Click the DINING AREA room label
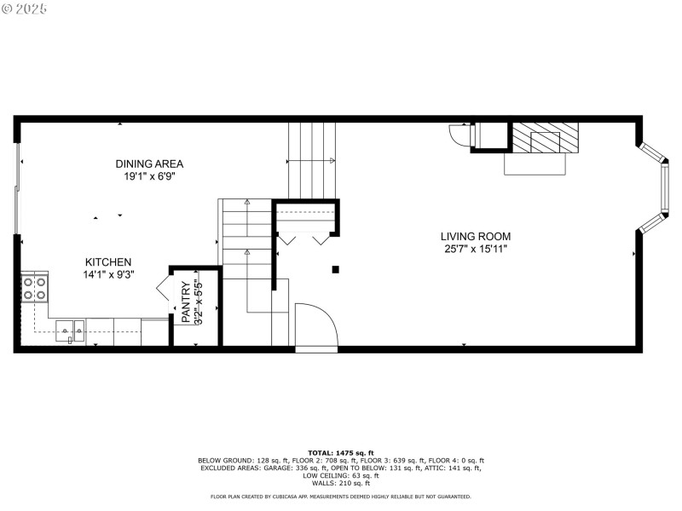click(x=150, y=164)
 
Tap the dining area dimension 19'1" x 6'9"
click(x=150, y=177)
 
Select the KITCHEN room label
click(x=107, y=262)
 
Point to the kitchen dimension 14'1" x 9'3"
click(x=109, y=275)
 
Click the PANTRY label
click(x=185, y=302)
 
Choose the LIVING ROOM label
click(x=476, y=236)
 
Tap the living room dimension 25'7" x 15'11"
click(x=476, y=250)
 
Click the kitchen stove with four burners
click(x=34, y=288)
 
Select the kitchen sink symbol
click(x=70, y=330)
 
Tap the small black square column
click(x=336, y=269)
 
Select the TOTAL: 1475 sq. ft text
click(x=341, y=453)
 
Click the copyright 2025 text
click(x=26, y=9)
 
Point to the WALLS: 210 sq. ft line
click(x=341, y=483)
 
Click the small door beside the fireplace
click(x=460, y=136)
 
